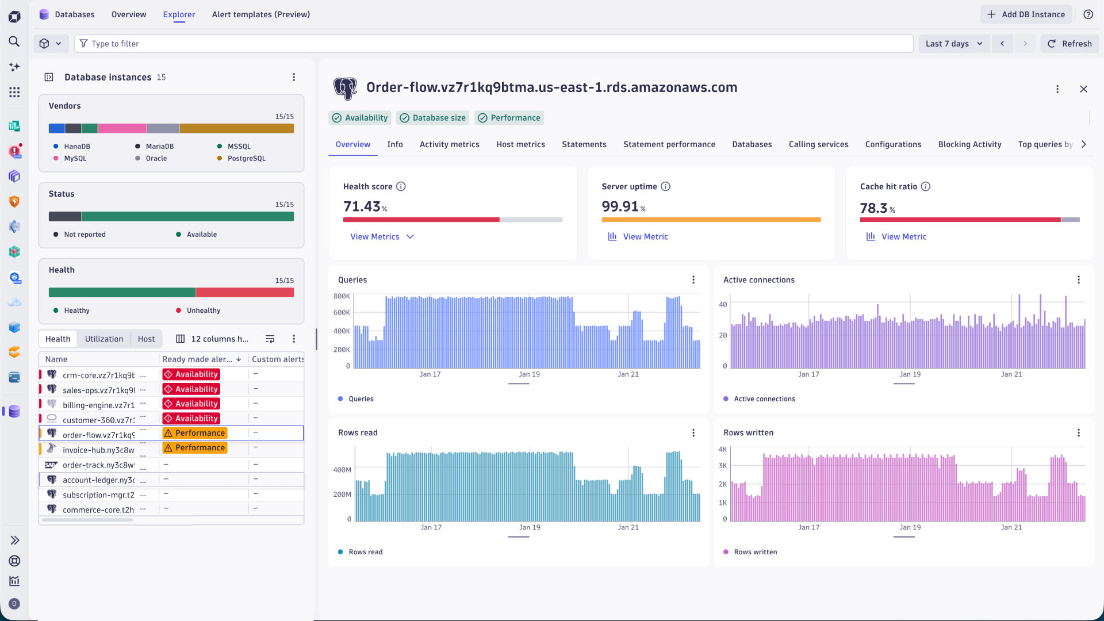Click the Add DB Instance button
pyautogui.click(x=1026, y=14)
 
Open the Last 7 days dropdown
pyautogui.click(x=954, y=44)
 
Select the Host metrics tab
pyautogui.click(x=520, y=144)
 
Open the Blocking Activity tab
pyautogui.click(x=969, y=144)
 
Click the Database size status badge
pyautogui.click(x=432, y=118)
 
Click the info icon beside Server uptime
pyautogui.click(x=665, y=186)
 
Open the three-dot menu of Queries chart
pyautogui.click(x=693, y=279)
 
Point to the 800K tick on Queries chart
pyautogui.click(x=342, y=296)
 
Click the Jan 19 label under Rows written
pyautogui.click(x=910, y=527)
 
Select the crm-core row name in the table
pyautogui.click(x=98, y=375)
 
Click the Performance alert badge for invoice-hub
pyautogui.click(x=195, y=448)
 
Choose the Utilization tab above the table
pyautogui.click(x=104, y=339)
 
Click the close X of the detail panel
pyautogui.click(x=1083, y=89)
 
